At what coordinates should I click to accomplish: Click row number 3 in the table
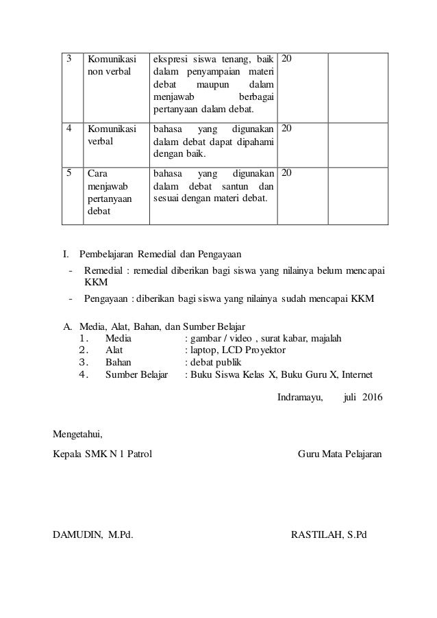[x=68, y=59]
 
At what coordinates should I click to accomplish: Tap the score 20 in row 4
[x=288, y=128]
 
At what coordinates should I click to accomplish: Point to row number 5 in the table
[x=68, y=172]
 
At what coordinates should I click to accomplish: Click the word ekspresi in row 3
[x=169, y=59]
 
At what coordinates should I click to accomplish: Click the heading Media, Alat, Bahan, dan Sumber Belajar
[x=162, y=326]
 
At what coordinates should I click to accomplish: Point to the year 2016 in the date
[x=373, y=397]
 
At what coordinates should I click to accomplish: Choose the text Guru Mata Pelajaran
[x=340, y=454]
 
